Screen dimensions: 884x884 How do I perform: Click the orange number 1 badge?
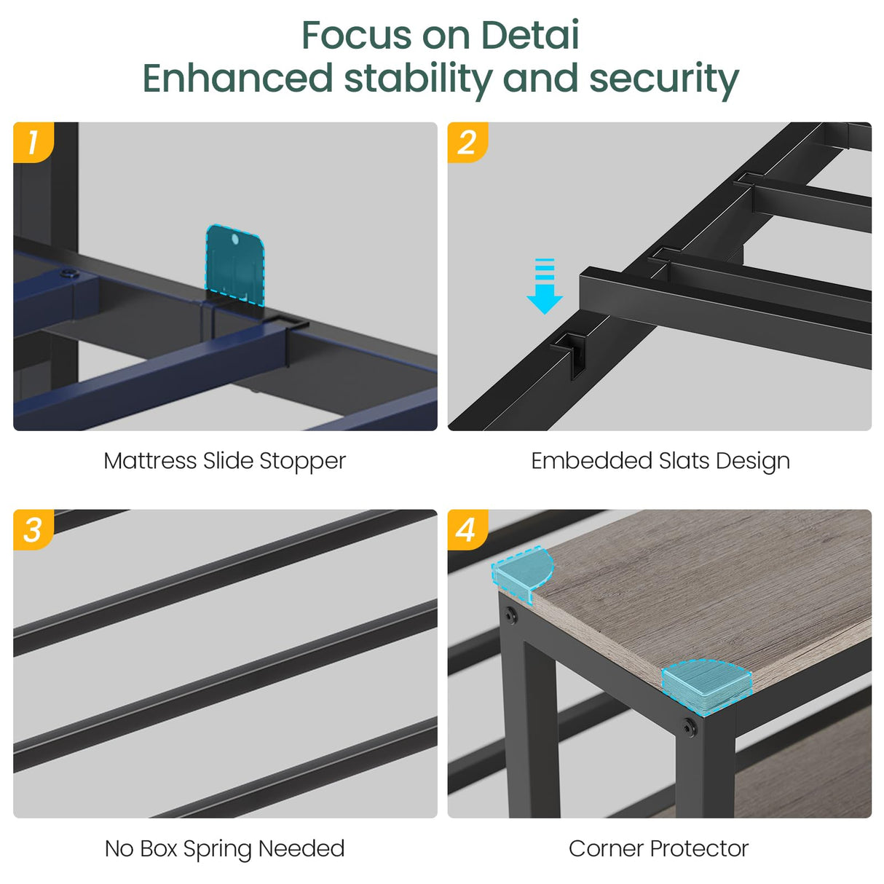click(x=33, y=142)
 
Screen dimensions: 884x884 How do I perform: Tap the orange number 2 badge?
click(x=467, y=142)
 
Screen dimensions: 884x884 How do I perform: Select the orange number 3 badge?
click(x=33, y=529)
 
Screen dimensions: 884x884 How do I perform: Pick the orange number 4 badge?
click(x=467, y=529)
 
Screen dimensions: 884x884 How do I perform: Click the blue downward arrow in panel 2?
click(x=545, y=287)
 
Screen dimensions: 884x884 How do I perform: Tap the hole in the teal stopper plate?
click(x=235, y=239)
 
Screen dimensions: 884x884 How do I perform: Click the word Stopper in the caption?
click(x=302, y=461)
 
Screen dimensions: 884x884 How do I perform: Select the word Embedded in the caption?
click(x=591, y=460)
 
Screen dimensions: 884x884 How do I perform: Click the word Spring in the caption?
click(x=218, y=849)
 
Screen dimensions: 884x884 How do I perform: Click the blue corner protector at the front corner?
click(x=706, y=686)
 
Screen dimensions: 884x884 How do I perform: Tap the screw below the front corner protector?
click(x=689, y=727)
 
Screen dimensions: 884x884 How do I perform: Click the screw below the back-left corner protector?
click(x=510, y=615)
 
